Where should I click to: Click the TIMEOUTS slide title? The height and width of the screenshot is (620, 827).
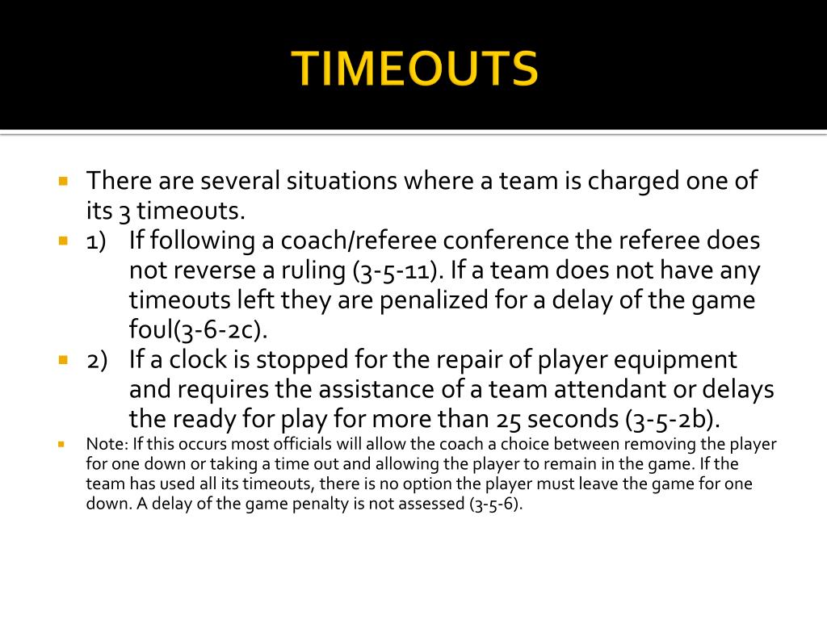(414, 68)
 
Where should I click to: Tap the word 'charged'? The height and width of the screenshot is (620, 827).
(633, 181)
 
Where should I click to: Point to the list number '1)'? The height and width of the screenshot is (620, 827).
(97, 241)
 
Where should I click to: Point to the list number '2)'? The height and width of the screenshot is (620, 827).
(97, 360)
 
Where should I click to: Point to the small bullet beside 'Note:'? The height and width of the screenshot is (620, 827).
(61, 444)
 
